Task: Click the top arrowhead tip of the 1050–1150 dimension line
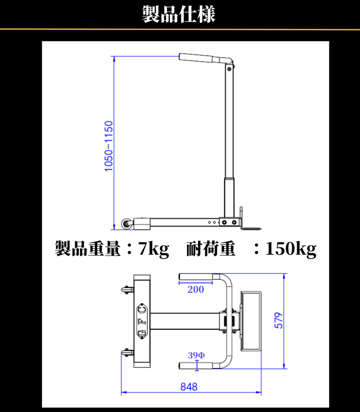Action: tap(114, 56)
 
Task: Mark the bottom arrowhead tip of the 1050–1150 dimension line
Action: tap(114, 230)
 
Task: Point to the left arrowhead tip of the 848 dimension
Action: tap(121, 392)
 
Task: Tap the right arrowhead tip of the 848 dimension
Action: tap(261, 392)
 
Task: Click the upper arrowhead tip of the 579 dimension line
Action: tap(284, 273)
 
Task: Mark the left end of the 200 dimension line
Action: tap(179, 283)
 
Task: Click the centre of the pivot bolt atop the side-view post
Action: tap(229, 69)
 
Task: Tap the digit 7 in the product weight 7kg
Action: tap(143, 248)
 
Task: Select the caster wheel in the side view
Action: tap(127, 224)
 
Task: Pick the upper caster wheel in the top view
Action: tap(127, 290)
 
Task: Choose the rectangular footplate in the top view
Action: tap(251, 321)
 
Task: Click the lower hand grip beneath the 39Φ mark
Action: tap(195, 365)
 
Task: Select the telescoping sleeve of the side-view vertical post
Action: tap(229, 198)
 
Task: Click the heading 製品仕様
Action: tap(178, 14)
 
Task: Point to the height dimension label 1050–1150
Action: tap(108, 146)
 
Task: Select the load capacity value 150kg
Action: tap(291, 249)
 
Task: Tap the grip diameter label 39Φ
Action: tap(196, 355)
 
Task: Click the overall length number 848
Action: tap(189, 387)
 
